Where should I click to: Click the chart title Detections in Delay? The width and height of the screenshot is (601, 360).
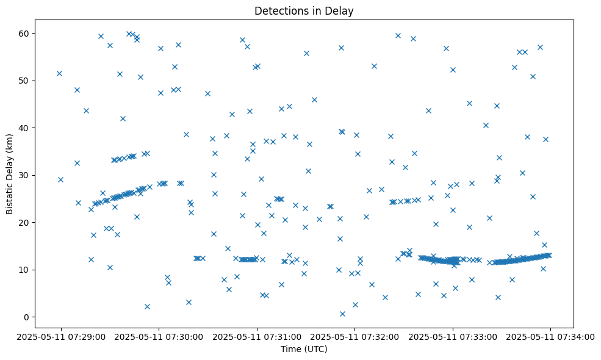click(304, 11)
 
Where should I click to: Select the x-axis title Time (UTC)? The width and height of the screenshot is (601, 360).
click(304, 349)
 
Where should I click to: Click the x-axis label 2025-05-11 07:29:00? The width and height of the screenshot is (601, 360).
click(61, 336)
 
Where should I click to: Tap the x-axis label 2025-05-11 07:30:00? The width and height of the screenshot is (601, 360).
click(159, 336)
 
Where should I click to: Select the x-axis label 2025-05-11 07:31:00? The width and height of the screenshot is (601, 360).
click(257, 336)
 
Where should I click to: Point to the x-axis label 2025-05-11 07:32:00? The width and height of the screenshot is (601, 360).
click(355, 336)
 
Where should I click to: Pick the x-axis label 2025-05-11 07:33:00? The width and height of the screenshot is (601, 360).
click(453, 336)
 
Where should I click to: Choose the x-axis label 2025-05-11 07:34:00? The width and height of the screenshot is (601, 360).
click(551, 336)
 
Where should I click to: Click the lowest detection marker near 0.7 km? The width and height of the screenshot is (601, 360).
click(342, 314)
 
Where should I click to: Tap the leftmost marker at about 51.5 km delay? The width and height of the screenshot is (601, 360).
click(59, 73)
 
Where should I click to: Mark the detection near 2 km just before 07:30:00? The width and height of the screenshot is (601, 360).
click(147, 306)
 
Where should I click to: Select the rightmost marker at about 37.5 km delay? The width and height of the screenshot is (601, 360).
click(545, 139)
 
